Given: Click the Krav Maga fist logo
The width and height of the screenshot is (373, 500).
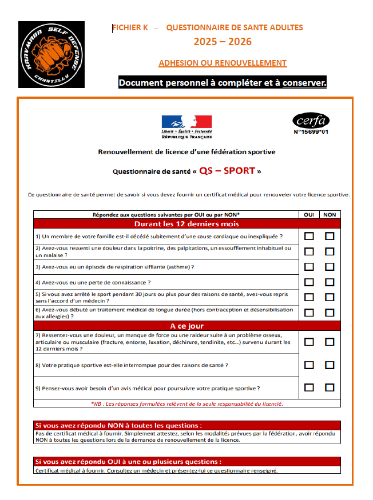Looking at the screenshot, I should pos(51,55).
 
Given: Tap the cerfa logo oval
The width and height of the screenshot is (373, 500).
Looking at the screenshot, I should pos(311,121).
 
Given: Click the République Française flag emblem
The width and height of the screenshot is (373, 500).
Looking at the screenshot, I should pos(186,122).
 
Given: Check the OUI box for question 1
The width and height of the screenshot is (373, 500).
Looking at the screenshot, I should pos(309,236).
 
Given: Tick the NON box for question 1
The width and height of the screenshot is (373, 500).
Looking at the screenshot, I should pos(330,236).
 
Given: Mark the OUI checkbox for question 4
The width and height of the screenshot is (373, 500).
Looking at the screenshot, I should pos(309,282).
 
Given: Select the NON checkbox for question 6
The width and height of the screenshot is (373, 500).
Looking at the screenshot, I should pos(330,313).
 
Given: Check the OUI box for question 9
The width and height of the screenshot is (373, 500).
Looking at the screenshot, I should pos(309,387).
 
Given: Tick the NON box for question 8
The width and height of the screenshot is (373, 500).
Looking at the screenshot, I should pos(330,365).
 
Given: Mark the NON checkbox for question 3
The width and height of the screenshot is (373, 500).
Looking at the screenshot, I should pos(330,266).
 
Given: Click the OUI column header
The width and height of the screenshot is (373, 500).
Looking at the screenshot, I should pos(309,215).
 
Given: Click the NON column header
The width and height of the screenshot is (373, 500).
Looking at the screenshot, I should pos(330,215).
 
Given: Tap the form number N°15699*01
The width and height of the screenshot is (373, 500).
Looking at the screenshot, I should pos(311,133).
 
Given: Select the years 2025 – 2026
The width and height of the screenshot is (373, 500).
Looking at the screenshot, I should pos(223,42).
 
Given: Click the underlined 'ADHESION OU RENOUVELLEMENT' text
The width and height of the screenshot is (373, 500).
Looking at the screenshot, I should pos(223,63).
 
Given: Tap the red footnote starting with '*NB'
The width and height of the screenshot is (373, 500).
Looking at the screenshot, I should pos(186,403).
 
